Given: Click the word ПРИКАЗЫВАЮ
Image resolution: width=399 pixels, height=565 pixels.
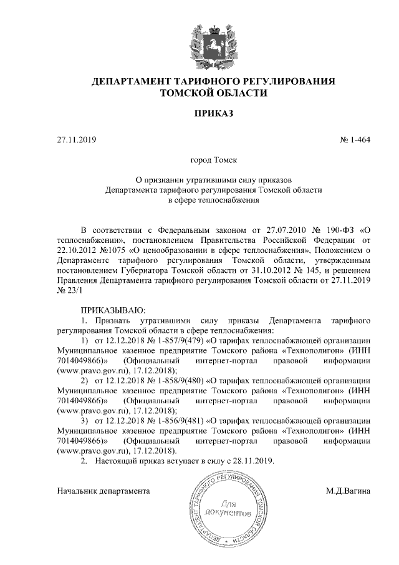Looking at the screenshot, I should [112, 309].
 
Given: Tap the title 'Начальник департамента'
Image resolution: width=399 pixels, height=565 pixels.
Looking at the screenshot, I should [103, 491].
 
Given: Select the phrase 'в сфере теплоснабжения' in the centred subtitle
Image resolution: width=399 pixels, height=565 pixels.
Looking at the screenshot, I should [213, 200].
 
